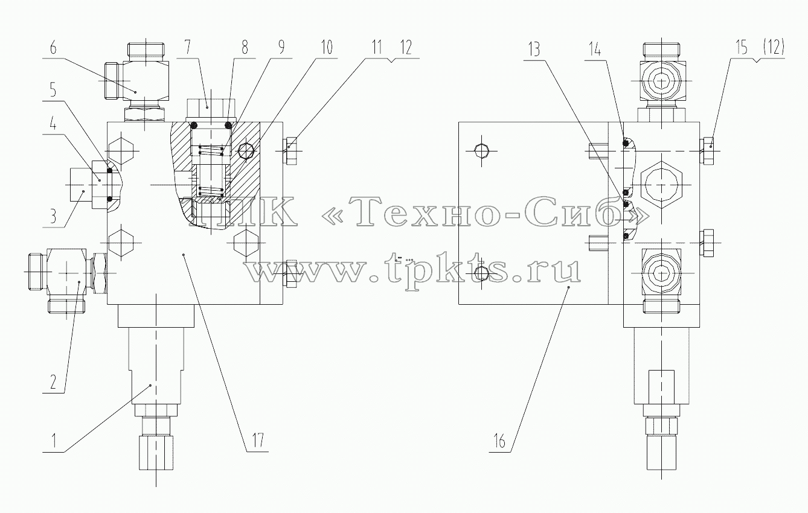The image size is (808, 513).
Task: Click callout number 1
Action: point(54,440)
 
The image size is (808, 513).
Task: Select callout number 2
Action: point(53,382)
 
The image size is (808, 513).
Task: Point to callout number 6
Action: point(53,48)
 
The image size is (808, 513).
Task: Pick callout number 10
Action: point(327,48)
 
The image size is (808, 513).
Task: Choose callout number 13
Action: point(534,49)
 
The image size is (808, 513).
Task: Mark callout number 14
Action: point(595,49)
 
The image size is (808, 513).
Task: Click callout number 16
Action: point(499,441)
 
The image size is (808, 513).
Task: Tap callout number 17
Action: point(258,440)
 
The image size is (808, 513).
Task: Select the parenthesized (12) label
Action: point(774,47)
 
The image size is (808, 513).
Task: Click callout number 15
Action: point(742,48)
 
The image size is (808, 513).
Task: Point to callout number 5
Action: point(53,90)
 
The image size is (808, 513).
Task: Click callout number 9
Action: point(281,47)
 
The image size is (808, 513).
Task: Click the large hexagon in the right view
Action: point(661,185)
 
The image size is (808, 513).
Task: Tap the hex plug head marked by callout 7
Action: point(211,107)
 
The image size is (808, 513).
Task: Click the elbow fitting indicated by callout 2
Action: point(66,274)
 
